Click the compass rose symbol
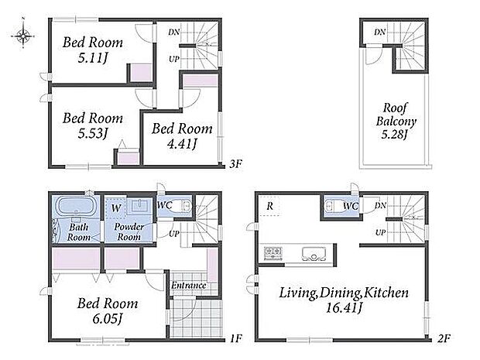pos(23,36)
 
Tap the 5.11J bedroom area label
pos(92,57)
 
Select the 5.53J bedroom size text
pos(92,133)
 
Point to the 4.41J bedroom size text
pos(182,143)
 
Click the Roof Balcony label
pos(396,115)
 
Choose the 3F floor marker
pos(235,164)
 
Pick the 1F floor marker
pos(235,338)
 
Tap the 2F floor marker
pos(444,338)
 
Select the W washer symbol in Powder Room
pos(116,208)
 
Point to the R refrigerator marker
pos(269,206)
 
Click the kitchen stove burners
pos(273,252)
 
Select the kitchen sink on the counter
pos(314,253)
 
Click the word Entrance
pos(188,286)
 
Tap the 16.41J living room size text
pos(344,307)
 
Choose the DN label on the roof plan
pos(379,32)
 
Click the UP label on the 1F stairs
pos(174,234)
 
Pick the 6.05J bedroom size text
pos(108,319)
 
